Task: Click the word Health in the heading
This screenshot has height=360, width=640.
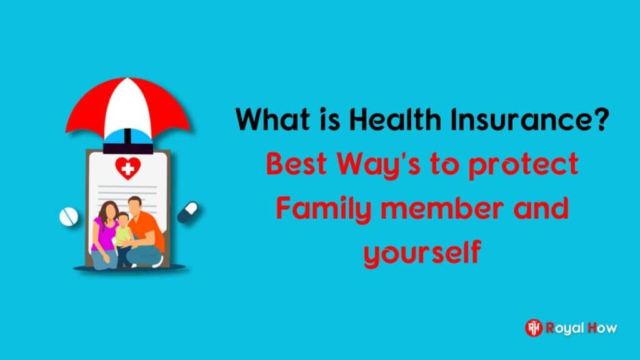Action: (x=395, y=119)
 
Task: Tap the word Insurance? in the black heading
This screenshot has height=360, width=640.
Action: (x=530, y=119)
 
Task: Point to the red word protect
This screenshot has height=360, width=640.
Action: (x=523, y=165)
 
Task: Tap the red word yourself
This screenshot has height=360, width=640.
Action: (x=422, y=254)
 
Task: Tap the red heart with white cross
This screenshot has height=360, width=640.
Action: (x=127, y=167)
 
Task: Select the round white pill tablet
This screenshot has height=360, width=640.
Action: (x=69, y=216)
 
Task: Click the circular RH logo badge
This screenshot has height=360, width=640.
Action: (x=534, y=327)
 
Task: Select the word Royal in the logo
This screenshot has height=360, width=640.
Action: (x=564, y=328)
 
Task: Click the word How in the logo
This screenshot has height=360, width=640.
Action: (x=602, y=327)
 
